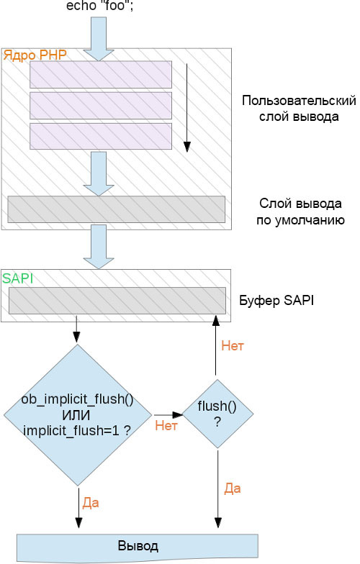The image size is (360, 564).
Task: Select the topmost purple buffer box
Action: pyautogui.click(x=101, y=74)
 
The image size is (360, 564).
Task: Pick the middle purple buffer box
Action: pyautogui.click(x=101, y=105)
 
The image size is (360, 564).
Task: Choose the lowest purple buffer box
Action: pyautogui.click(x=101, y=136)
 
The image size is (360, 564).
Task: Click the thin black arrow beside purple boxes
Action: pyautogui.click(x=187, y=108)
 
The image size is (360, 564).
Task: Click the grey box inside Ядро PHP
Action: pyautogui.click(x=116, y=209)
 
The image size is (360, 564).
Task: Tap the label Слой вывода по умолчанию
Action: pyautogui.click(x=299, y=212)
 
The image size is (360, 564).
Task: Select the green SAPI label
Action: pyautogui.click(x=17, y=277)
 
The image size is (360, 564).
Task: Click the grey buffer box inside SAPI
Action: pyautogui.click(x=116, y=301)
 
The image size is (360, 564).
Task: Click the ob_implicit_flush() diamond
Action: pyautogui.click(x=78, y=414)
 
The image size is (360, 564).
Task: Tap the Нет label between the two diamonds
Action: pyautogui.click(x=166, y=427)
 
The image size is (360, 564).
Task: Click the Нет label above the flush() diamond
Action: pyautogui.click(x=233, y=346)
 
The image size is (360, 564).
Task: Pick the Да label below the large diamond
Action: pyautogui.click(x=91, y=501)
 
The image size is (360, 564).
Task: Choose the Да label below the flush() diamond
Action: pyautogui.click(x=232, y=488)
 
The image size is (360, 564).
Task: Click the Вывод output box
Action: pyautogui.click(x=138, y=545)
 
